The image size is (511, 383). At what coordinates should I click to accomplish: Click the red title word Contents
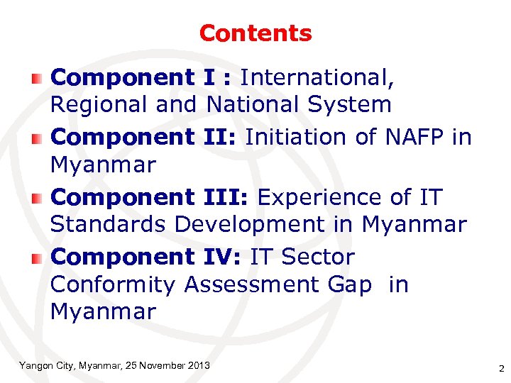[x=255, y=33]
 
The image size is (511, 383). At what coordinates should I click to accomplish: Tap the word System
[x=350, y=105]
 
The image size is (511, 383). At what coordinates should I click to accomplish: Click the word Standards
[x=109, y=225]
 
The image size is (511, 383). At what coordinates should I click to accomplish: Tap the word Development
[x=248, y=225]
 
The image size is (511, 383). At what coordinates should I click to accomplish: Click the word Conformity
[x=113, y=284]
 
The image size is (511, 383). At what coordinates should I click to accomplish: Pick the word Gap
[x=349, y=284]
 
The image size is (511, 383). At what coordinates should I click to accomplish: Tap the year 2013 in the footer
[x=198, y=365]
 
